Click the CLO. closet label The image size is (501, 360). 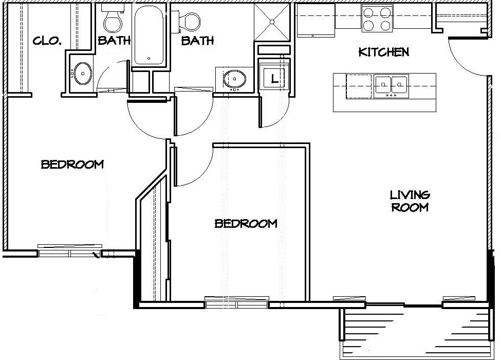[x=47, y=41]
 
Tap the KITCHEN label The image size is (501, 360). [x=384, y=52]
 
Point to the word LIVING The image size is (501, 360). [x=410, y=195]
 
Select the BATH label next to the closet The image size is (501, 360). [x=114, y=40]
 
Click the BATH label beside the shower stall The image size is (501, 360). [x=197, y=41]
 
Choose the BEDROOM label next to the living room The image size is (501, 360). [x=246, y=223]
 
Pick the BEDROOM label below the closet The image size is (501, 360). [x=72, y=165]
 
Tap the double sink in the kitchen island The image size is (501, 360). [x=392, y=86]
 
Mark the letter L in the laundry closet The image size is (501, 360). [x=274, y=78]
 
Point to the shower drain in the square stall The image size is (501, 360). [x=272, y=22]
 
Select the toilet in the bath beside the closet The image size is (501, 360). [x=113, y=18]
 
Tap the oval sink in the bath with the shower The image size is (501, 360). [x=234, y=79]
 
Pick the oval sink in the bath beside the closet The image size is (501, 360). [x=82, y=74]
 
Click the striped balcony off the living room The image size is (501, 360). [x=415, y=333]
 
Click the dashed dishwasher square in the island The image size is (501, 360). [x=359, y=86]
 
